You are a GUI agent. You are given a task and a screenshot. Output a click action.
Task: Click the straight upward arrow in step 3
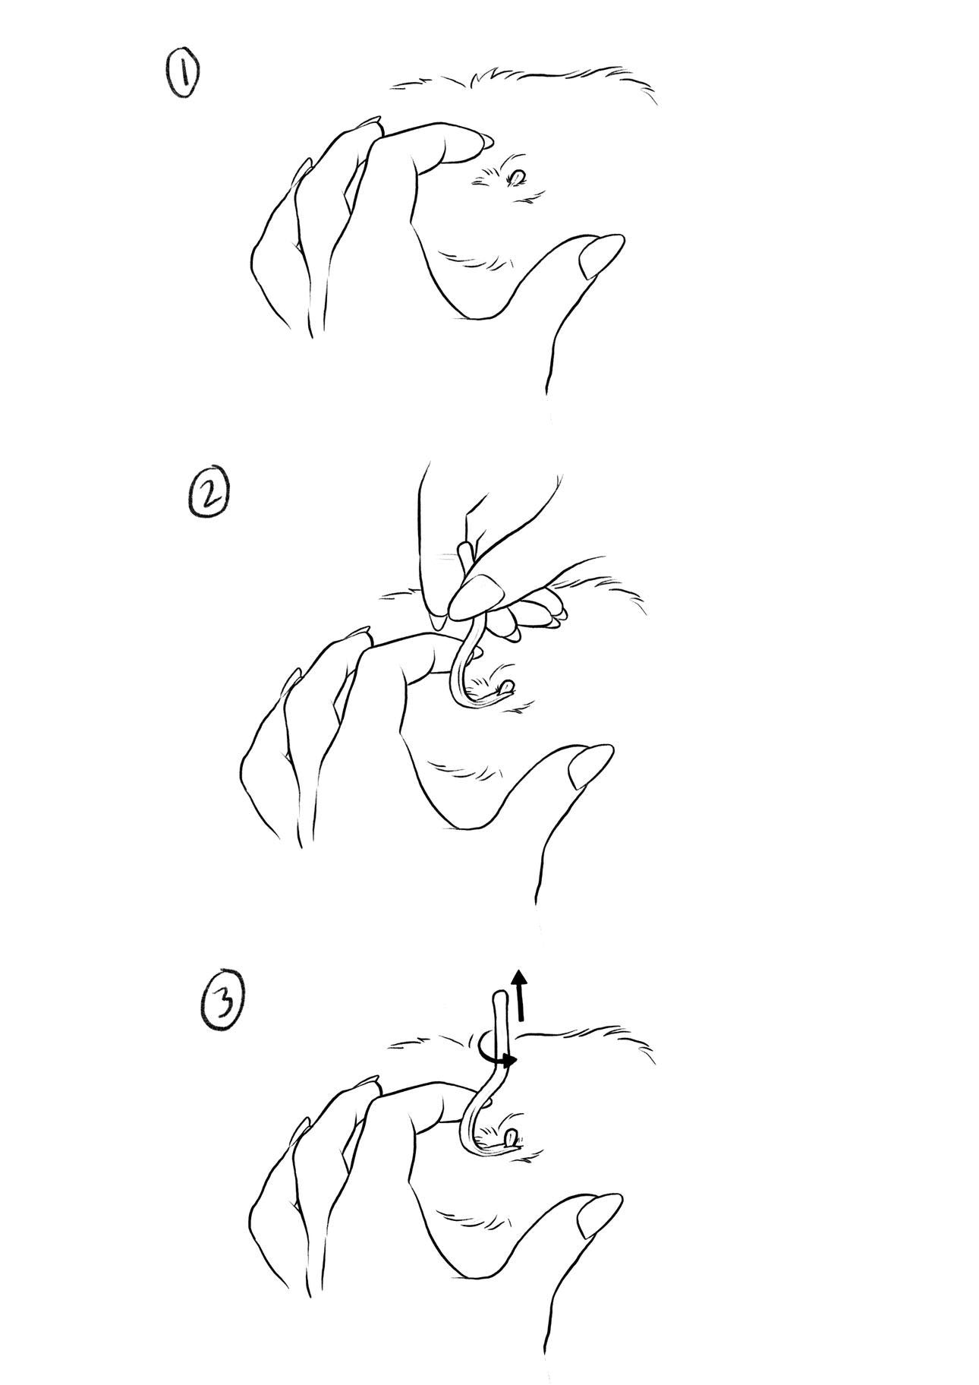point(519,995)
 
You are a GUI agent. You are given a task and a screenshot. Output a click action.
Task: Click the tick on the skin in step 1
point(517,178)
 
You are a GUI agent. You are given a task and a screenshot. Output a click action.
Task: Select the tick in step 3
point(511,1137)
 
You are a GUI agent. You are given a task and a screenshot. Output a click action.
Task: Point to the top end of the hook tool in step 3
point(500,995)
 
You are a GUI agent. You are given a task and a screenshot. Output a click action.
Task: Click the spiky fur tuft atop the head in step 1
point(486,77)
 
